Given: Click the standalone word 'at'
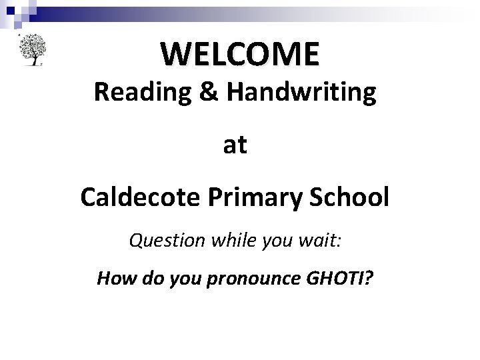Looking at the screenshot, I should coord(235,145).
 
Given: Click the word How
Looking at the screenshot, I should coord(113,277).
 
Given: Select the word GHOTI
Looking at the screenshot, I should coord(331,277).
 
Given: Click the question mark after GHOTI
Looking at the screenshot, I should coord(369,277).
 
